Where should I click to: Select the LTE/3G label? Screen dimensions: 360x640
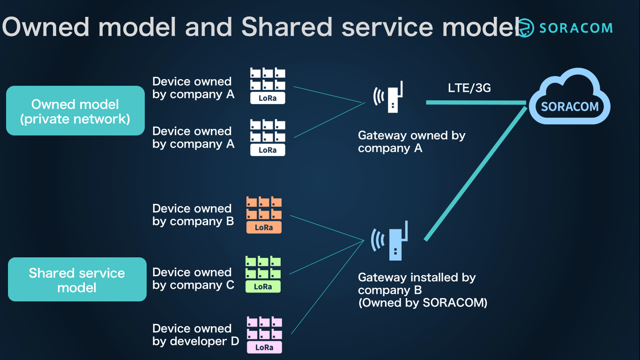[x=469, y=88]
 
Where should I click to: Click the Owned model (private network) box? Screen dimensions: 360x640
[x=75, y=111]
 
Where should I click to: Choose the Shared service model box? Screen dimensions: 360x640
[x=77, y=280]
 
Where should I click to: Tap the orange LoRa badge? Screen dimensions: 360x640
[x=264, y=227]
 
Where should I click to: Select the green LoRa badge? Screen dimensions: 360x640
[x=263, y=286]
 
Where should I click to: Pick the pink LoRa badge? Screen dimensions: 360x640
[x=264, y=347]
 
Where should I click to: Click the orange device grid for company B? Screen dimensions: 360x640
[x=264, y=208]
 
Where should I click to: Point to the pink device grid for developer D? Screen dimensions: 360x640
[x=264, y=328]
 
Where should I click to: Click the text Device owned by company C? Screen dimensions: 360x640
[x=193, y=279]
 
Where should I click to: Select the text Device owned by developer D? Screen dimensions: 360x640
[x=195, y=335]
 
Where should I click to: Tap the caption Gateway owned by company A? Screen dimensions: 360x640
[x=411, y=142]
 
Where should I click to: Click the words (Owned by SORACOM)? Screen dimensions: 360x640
[x=423, y=303]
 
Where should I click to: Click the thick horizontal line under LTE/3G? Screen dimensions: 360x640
[x=476, y=102]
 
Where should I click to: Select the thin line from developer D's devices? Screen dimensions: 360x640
[x=327, y=287]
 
